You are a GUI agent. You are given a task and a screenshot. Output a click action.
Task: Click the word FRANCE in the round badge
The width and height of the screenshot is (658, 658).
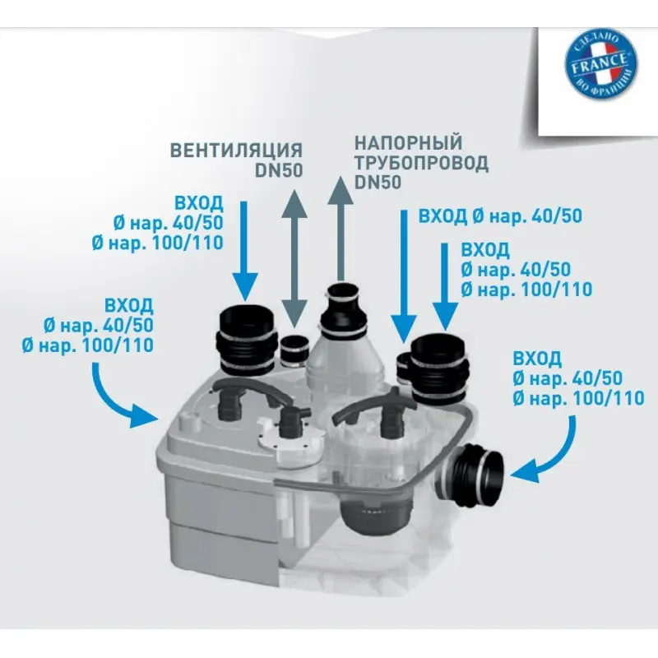pos(600,64)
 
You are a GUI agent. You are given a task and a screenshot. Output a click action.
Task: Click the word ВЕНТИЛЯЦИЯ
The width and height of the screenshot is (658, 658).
pos(236,151)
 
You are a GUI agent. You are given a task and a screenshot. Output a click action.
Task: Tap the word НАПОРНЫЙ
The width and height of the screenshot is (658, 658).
pos(408,142)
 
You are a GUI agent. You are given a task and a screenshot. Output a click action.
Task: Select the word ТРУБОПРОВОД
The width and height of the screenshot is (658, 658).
pos(421,163)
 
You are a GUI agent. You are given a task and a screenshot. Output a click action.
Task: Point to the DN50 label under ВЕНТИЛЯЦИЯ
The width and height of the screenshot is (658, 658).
pos(279,170)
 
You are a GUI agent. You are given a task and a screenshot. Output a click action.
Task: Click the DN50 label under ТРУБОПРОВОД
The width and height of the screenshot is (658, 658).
pos(378,183)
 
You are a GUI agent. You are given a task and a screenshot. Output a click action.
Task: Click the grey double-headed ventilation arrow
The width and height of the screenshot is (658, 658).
pos(294,258)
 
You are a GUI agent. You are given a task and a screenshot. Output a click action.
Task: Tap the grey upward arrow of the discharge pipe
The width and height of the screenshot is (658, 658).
pos(341,229)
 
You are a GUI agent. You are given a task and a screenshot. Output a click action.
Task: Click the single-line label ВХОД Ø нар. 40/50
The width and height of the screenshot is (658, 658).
pos(500,216)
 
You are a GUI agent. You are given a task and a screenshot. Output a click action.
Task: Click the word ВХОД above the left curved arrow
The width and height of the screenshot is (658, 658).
pos(129,305)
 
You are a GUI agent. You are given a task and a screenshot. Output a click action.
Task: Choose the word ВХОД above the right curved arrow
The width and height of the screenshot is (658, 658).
pos(537,359)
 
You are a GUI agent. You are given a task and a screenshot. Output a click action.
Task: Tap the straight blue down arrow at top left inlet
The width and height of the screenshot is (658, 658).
pos(243,251)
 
